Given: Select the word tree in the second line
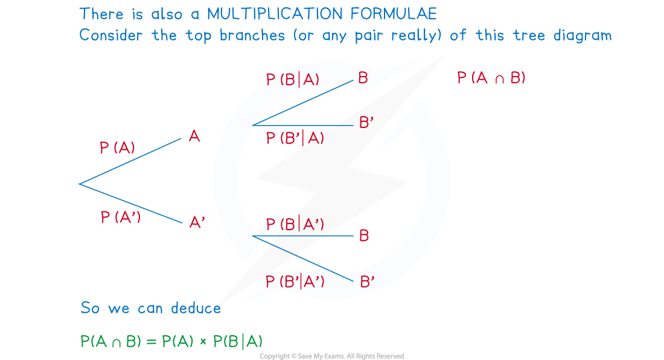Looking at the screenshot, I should pos(529,35).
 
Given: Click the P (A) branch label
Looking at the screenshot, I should pos(118,148).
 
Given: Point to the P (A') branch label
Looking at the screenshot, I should pos(121,217).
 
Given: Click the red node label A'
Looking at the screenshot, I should pos(197,223).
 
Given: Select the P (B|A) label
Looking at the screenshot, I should pos(293,80).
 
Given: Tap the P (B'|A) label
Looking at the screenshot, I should pos(295,138).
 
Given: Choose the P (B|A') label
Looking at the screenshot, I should pos(295,225).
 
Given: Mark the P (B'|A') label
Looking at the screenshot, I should pos(295,281).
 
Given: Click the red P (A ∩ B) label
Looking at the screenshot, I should pos(491,78).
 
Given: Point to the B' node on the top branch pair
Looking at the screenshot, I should pos(366,123).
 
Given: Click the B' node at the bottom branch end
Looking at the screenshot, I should pos(367,281).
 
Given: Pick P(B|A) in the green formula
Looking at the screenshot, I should pos(238,341).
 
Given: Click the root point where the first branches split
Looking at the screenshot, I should pos(80,184).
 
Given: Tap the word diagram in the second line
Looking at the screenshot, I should pos(580,35).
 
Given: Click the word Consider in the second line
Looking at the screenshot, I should pos(113,35).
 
